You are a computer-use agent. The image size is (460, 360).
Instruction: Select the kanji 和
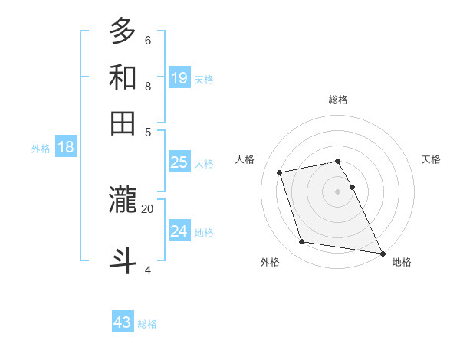tap(123, 77)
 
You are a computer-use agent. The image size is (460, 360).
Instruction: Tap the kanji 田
tap(123, 123)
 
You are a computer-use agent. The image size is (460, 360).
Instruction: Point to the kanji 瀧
tap(123, 200)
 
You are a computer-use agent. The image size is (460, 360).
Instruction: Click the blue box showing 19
tap(179, 78)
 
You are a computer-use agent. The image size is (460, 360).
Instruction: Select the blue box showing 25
tap(179, 162)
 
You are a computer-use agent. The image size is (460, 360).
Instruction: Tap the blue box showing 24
tap(179, 231)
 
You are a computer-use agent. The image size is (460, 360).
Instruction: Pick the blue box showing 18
tap(66, 148)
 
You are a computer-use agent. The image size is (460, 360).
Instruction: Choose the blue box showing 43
tap(123, 322)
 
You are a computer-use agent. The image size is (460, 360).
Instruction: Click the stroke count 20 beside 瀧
tap(147, 208)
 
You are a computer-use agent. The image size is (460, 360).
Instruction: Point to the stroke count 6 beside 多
tap(147, 40)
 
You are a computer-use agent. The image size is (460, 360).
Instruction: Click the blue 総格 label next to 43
tap(147, 324)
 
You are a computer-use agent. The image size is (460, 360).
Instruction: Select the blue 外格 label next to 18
tap(41, 149)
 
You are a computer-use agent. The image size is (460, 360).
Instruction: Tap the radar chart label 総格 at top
tap(338, 100)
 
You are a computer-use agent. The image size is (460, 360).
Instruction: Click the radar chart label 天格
tap(431, 159)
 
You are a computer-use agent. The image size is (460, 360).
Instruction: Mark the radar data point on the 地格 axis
tap(382, 253)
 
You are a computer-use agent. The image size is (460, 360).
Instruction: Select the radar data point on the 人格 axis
tap(280, 172)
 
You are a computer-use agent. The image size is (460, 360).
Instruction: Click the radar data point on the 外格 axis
tap(302, 242)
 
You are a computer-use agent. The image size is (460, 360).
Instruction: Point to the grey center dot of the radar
tap(338, 191)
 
